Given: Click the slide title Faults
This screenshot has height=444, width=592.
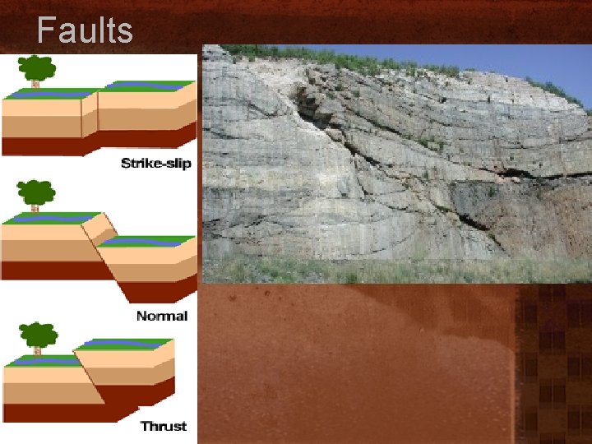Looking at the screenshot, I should click(85, 30).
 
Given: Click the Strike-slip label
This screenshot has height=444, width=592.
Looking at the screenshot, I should click(155, 163).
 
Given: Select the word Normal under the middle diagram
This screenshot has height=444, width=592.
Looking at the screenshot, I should click(161, 316).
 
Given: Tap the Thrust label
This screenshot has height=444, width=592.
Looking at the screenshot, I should click(163, 426).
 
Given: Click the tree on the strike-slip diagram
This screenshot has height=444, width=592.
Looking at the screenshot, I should click(35, 68).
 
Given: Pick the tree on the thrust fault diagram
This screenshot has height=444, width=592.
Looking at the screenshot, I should click(39, 337).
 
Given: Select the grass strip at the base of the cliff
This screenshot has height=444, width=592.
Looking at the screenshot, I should click(370, 270).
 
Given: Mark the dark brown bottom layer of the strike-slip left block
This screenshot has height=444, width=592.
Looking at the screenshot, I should click(41, 146).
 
